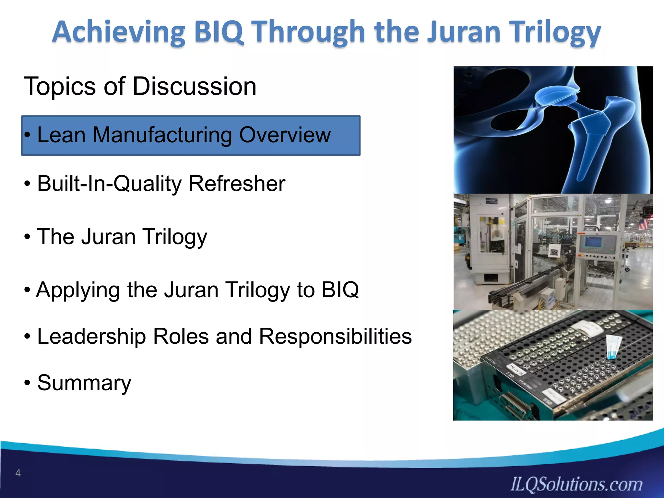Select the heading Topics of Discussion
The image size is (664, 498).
pyautogui.click(x=140, y=86)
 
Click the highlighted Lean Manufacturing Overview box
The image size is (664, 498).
pyautogui.click(x=191, y=136)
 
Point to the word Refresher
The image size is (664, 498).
pyautogui.click(x=237, y=184)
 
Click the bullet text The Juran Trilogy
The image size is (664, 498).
pyautogui.click(x=122, y=237)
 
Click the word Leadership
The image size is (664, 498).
pyautogui.click(x=91, y=336)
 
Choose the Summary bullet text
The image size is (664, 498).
pyautogui.click(x=84, y=383)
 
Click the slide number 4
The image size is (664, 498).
pyautogui.click(x=18, y=473)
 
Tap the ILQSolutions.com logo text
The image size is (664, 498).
pyautogui.click(x=576, y=484)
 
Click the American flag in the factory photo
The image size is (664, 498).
pyautogui.click(x=643, y=224)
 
